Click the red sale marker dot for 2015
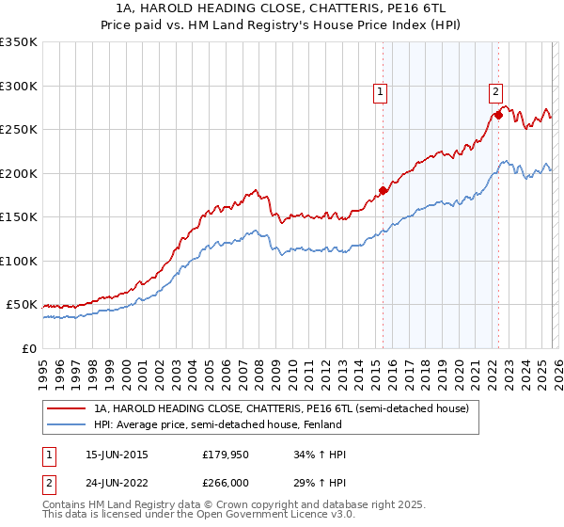[x=383, y=191]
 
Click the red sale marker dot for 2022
[x=498, y=115]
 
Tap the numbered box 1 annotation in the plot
[x=380, y=91]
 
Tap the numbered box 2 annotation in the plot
[x=495, y=91]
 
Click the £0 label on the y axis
[x=28, y=349]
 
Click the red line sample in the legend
[x=66, y=409]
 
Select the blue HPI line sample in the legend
[x=66, y=424]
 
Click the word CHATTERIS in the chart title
[x=312, y=8]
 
